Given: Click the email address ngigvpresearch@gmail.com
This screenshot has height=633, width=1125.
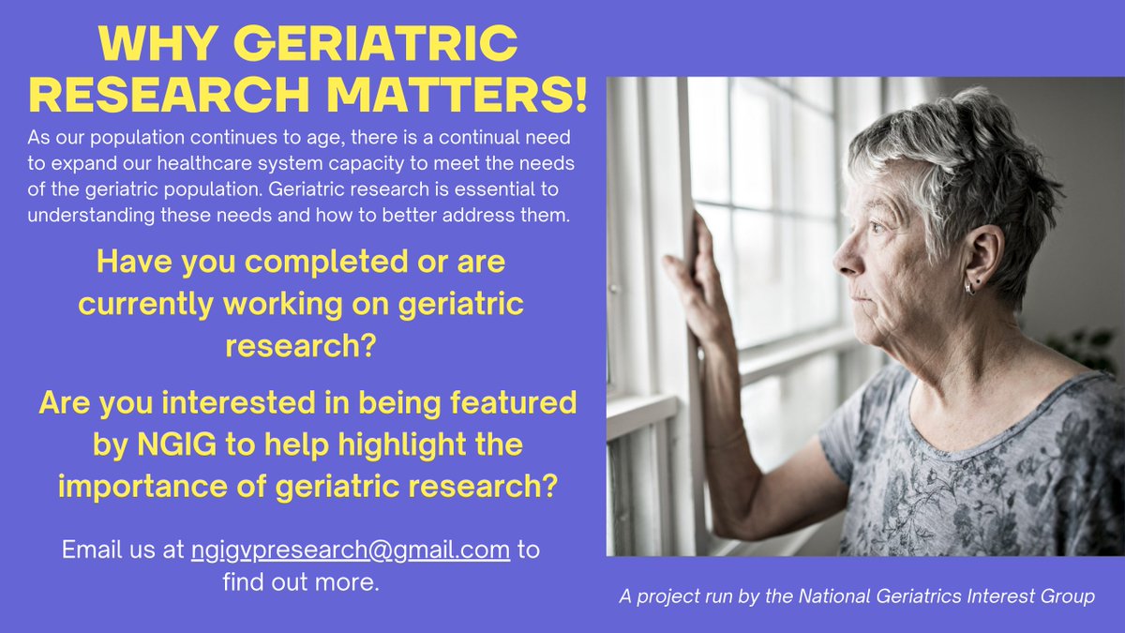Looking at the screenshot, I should [351, 550].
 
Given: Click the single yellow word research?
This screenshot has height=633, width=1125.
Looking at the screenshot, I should [301, 346].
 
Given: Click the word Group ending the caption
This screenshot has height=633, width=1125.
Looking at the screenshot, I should [1069, 597].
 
